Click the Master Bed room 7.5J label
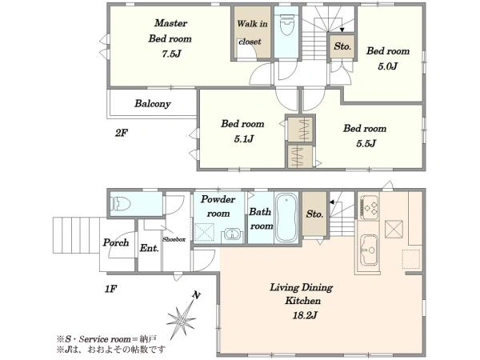click(x=170, y=38)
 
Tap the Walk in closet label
click(x=252, y=33)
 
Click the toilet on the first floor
click(x=122, y=204)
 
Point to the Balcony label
click(x=153, y=103)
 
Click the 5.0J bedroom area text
click(x=387, y=66)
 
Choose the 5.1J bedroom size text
click(x=244, y=139)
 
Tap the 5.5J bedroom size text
click(x=366, y=143)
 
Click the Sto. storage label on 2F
click(x=342, y=46)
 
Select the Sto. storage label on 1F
click(x=314, y=214)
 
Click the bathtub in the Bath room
click(x=286, y=217)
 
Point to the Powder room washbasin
click(x=233, y=234)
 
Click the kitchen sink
click(x=368, y=250)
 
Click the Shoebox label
click(x=174, y=239)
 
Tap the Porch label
click(x=116, y=242)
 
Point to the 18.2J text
click(x=304, y=315)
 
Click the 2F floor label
click(x=122, y=133)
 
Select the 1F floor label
click(x=110, y=288)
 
